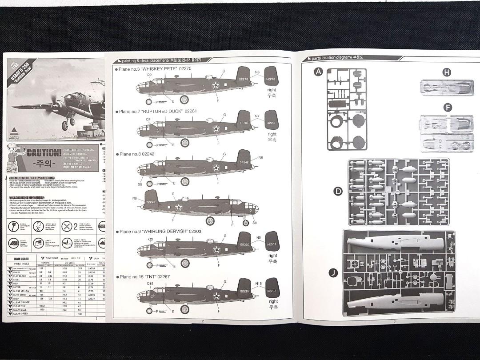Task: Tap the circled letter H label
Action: tap(447, 72)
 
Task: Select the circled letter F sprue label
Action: tap(447, 107)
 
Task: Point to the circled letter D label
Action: tap(338, 192)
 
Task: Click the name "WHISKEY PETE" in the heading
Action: tap(160, 69)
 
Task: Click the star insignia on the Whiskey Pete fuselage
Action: tap(216, 84)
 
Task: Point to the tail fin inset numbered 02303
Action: tap(272, 244)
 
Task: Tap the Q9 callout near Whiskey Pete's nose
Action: tap(149, 75)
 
